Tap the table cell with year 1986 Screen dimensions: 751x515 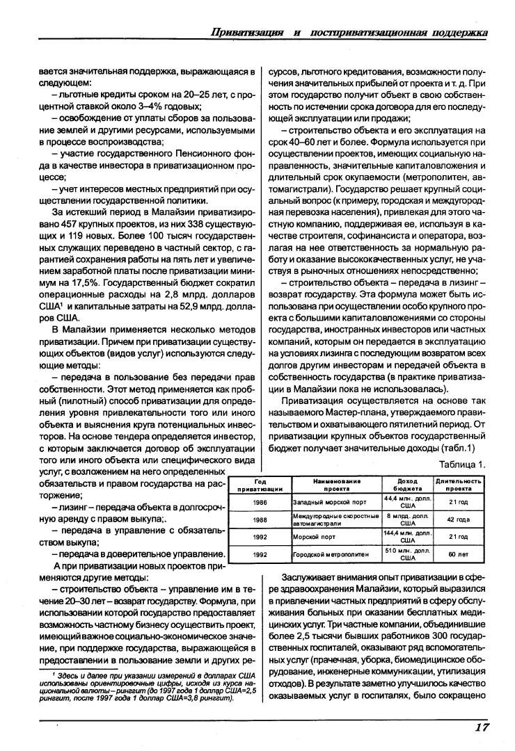[x=260, y=501]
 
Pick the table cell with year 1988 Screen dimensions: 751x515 [x=260, y=519]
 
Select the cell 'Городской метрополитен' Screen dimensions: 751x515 [x=326, y=554]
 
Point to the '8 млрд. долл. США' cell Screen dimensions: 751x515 [x=408, y=519]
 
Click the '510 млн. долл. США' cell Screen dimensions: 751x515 [x=408, y=554]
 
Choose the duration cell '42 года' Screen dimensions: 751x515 [x=459, y=519]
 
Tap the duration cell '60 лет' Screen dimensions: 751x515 [x=459, y=554]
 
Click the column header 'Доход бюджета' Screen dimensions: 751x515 [x=408, y=484]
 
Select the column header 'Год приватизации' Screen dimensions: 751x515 [x=260, y=484]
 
